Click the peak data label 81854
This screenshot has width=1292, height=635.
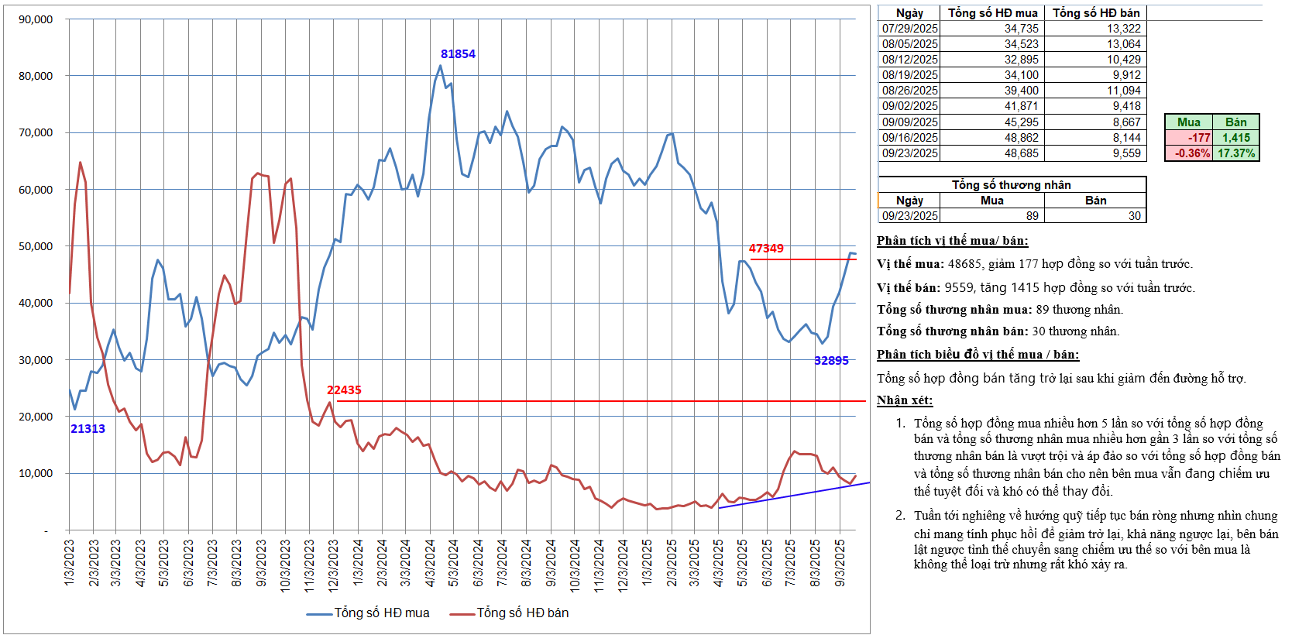(458, 54)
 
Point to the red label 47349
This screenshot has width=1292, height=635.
(765, 249)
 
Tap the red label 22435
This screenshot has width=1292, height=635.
(344, 390)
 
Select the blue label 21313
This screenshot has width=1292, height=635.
(88, 429)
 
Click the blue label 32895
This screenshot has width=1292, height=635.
(831, 361)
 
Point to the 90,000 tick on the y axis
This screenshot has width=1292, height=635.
(36, 19)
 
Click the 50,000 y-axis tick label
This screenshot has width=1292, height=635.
(36, 246)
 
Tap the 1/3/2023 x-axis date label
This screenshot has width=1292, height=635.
(69, 562)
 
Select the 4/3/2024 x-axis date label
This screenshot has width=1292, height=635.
(430, 562)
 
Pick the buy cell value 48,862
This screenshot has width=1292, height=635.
(1021, 138)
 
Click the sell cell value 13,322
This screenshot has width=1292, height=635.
(1123, 29)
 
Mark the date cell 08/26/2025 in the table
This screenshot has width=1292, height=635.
(909, 91)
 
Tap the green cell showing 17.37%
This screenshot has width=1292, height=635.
(1235, 153)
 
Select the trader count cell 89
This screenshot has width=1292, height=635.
(1032, 216)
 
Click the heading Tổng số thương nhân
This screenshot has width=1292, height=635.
(1011, 185)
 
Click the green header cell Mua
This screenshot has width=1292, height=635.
(1188, 122)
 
